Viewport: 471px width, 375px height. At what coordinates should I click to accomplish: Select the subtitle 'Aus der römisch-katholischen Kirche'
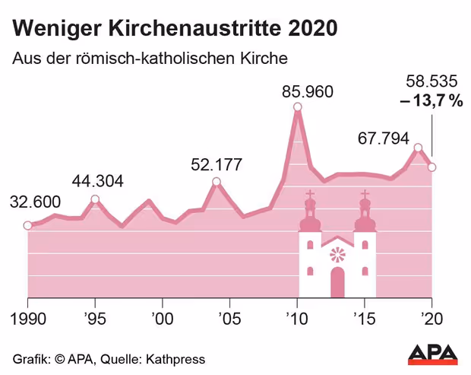tap(150, 59)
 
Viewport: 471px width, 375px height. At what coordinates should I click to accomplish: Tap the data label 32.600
tap(34, 202)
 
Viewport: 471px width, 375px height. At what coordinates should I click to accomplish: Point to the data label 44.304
tap(98, 181)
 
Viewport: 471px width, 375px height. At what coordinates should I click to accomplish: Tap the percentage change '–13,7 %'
tap(431, 100)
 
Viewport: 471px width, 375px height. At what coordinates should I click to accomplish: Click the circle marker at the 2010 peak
tap(297, 108)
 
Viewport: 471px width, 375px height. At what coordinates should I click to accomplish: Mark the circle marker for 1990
tap(27, 225)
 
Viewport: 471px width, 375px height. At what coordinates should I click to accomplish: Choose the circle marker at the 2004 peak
tap(217, 182)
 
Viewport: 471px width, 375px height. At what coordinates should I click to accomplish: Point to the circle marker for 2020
tap(431, 167)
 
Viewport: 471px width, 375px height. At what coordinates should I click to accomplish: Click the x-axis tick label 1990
tap(28, 318)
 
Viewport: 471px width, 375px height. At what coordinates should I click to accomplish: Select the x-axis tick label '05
tap(229, 318)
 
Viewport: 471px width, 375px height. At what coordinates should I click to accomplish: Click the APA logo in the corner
tap(433, 354)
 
